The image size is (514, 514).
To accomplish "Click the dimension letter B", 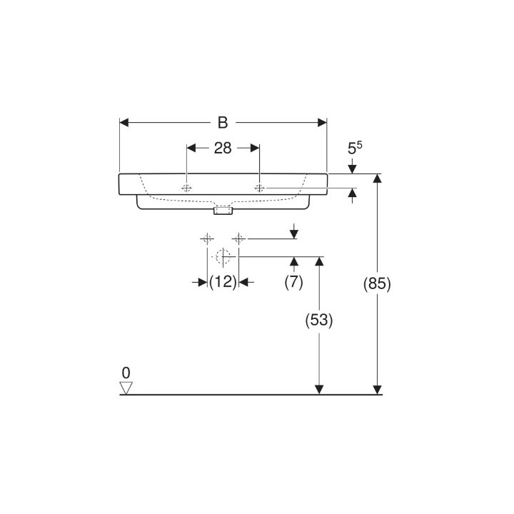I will [x=223, y=123].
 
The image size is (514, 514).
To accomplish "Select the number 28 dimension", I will [x=223, y=148].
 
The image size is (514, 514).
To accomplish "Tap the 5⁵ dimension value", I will [x=355, y=149].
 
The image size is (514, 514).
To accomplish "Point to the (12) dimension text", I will [x=223, y=282].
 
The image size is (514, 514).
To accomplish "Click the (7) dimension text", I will [x=293, y=282].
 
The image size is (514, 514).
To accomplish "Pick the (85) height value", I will [x=377, y=283].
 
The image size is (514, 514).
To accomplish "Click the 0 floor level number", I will [x=126, y=372].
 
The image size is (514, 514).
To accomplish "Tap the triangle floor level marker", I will [x=127, y=387].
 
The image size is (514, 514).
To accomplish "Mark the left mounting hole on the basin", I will [x=186, y=188].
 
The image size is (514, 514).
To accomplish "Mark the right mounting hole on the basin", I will [x=260, y=188].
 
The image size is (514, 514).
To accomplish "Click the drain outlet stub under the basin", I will [x=223, y=211].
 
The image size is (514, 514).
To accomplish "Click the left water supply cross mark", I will [x=207, y=238].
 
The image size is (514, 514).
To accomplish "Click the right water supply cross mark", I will [x=239, y=238].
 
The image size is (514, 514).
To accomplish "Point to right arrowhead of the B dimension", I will [x=322, y=123].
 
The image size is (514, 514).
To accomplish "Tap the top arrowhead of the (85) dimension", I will [x=377, y=178].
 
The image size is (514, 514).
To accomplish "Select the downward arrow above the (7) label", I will [x=293, y=233].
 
